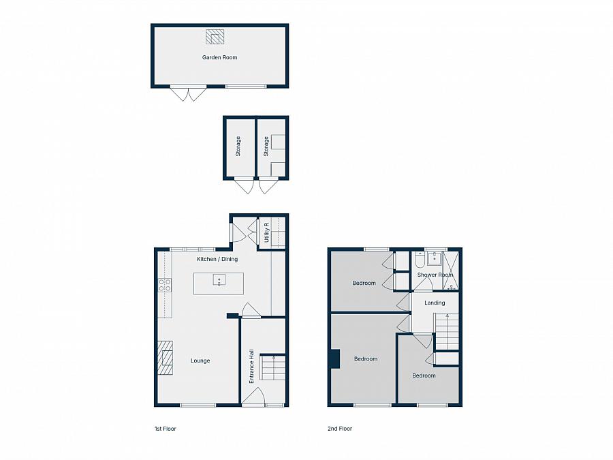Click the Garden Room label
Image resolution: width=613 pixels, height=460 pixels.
pos(219,58)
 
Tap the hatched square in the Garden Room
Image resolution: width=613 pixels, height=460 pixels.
pos(215,36)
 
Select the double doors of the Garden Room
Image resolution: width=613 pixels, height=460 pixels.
pos(188,93)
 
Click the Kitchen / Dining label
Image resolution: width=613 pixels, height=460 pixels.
pos(217,260)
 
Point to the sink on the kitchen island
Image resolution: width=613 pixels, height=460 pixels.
pos(219,279)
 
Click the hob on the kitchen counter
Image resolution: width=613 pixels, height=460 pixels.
pos(164,286)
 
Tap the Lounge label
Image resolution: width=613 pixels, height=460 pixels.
pos(200,361)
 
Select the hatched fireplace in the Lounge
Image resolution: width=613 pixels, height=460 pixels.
pos(166,358)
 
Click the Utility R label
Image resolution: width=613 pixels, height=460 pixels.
pos(266,233)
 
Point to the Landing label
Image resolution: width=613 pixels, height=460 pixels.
pos(435,303)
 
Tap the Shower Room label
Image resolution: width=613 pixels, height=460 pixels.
pos(435,275)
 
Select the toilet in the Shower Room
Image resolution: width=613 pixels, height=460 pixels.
pos(419,260)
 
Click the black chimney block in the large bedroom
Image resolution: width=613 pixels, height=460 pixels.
pos(334,359)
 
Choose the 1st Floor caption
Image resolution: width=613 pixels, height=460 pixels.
pos(165,429)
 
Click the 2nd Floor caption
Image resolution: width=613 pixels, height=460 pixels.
pos(340,429)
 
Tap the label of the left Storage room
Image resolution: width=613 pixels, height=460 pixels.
pos(238,147)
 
